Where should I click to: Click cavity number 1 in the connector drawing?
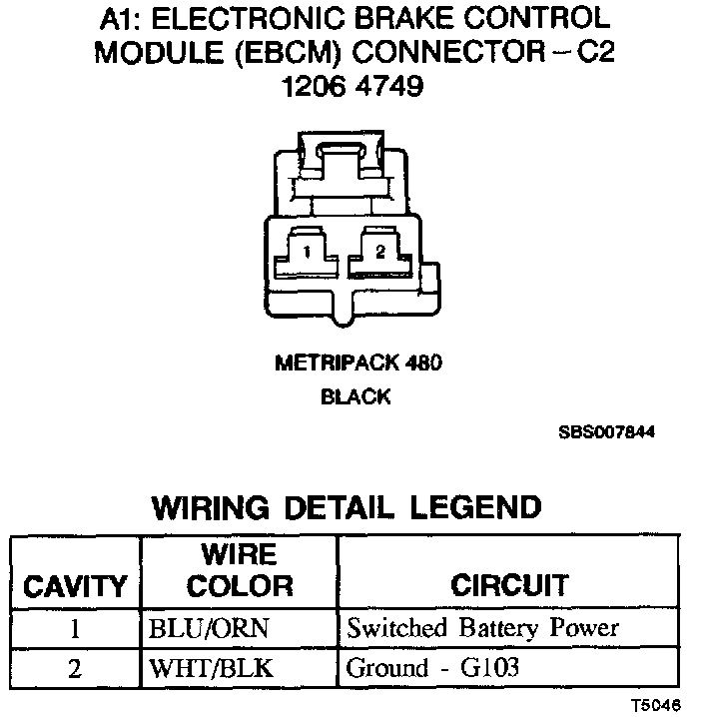click(309, 253)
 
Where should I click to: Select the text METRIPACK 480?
click(358, 363)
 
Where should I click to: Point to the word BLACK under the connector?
click(355, 396)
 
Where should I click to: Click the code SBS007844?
click(607, 433)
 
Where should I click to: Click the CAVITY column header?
click(75, 585)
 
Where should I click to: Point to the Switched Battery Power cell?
click(482, 629)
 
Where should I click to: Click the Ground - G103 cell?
click(432, 667)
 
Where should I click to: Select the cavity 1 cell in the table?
click(74, 630)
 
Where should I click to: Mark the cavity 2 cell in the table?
click(74, 668)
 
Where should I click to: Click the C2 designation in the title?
click(589, 53)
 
